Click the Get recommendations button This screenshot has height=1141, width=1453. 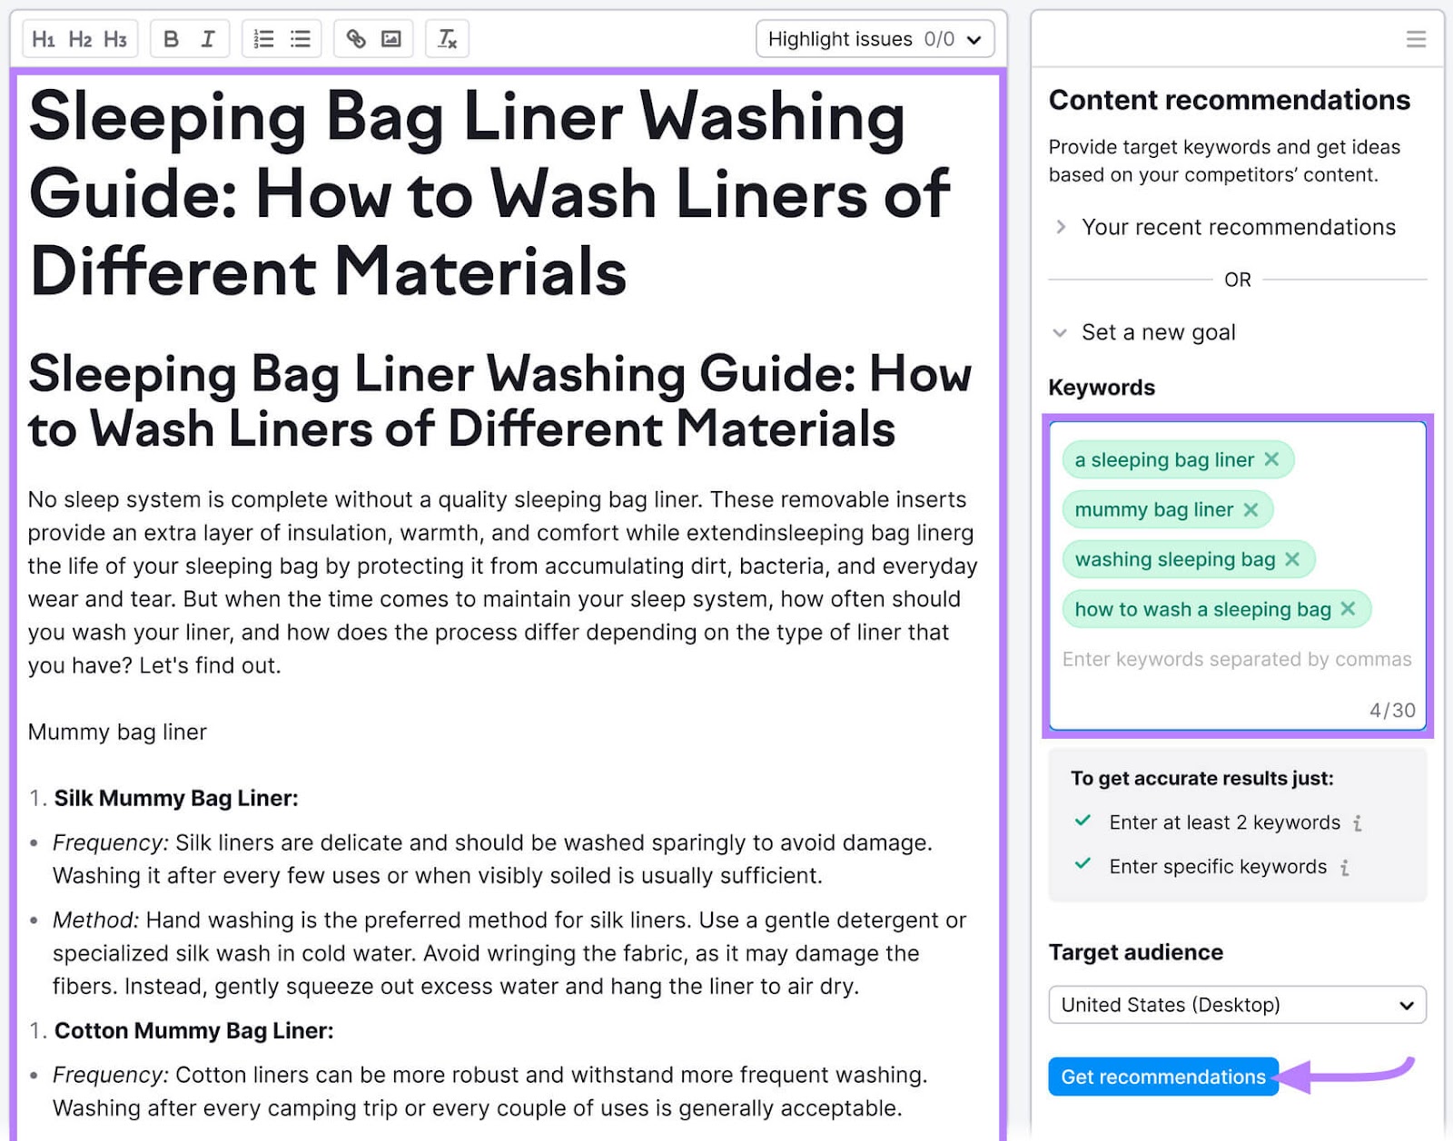[x=1162, y=1077]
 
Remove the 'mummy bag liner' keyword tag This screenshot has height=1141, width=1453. [x=1250, y=509]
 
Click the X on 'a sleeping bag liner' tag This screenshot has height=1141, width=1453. [x=1271, y=459]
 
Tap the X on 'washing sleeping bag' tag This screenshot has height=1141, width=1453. [x=1292, y=559]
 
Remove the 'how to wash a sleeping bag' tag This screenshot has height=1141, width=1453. [x=1348, y=609]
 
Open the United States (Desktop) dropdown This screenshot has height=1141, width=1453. [x=1237, y=1005]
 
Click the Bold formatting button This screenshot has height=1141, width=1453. [x=171, y=39]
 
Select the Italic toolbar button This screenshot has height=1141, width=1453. [x=208, y=39]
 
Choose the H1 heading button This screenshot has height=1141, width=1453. [x=43, y=39]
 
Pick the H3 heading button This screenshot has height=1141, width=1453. [x=115, y=39]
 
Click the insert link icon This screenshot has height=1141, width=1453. [x=356, y=39]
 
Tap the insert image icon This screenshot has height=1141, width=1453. [x=391, y=39]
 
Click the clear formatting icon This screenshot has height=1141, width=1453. [x=447, y=39]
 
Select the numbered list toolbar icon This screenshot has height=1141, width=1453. [x=263, y=39]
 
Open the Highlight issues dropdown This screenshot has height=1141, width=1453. [x=875, y=39]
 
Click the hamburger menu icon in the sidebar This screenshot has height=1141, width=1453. [x=1416, y=39]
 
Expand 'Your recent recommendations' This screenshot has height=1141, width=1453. [x=1239, y=227]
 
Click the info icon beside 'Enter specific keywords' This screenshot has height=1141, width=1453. [x=1345, y=868]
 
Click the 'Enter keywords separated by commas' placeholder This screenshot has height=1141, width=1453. [x=1236, y=659]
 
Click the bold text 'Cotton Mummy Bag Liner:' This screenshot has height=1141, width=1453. [x=193, y=1030]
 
